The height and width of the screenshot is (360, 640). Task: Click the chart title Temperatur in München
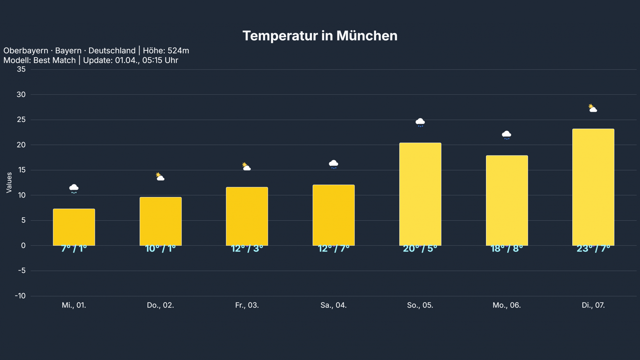pos(320,36)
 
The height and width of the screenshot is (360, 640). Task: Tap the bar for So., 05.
pos(420,194)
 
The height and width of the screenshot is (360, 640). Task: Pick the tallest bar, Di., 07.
pos(593,187)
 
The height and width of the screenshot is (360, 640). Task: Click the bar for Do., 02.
pos(161,221)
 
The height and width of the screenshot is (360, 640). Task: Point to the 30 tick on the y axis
pos(21,95)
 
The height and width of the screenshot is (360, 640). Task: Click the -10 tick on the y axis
pos(20,296)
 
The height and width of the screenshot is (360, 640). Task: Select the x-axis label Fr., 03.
pos(247,305)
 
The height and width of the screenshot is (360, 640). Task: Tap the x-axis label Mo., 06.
pos(507,305)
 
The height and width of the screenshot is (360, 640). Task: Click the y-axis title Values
pos(9,182)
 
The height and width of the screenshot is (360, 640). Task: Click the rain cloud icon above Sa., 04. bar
pos(334,164)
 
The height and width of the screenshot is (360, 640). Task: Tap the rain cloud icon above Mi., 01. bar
pos(74,189)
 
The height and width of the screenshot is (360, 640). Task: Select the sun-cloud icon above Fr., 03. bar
pos(246,167)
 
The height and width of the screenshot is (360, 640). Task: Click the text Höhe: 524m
pos(166,51)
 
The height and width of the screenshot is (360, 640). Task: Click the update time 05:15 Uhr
pos(160,60)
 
